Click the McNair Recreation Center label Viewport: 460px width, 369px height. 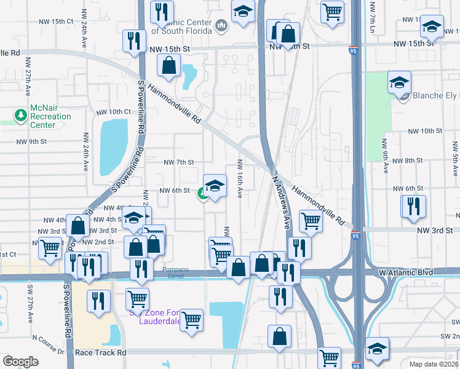pos(51,116)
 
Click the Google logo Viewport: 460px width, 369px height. pos(20,362)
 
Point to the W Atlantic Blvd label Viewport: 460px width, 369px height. pos(406,272)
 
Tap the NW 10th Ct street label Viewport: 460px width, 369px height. pos(114,112)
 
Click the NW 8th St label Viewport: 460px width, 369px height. pos(406,160)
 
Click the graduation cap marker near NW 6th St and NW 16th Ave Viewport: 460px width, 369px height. pos(215,186)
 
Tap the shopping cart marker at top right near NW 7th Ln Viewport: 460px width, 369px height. pos(332,12)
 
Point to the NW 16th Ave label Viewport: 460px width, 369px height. pos(240,179)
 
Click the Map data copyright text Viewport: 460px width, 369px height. pos(434,363)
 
